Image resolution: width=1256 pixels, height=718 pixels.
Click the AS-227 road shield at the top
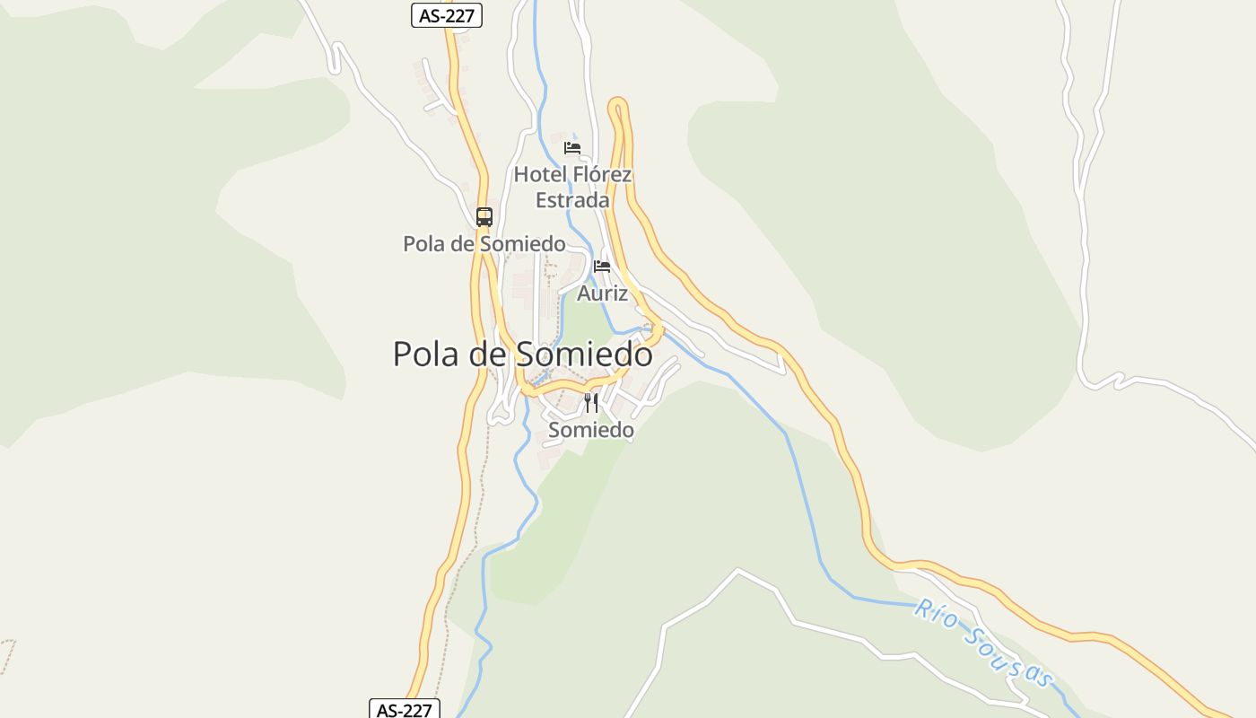[447, 15]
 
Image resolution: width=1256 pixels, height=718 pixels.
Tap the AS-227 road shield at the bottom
[405, 710]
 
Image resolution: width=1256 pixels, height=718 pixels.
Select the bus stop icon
[484, 216]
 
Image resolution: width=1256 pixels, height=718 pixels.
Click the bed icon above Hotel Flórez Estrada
[572, 148]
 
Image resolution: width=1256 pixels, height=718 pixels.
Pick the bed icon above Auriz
[602, 267]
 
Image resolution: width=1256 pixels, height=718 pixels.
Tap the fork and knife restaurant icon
[590, 403]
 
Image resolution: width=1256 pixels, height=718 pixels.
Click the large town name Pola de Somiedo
[522, 354]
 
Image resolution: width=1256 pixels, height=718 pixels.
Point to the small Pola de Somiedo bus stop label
[484, 243]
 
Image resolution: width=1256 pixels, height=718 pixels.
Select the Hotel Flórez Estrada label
[572, 188]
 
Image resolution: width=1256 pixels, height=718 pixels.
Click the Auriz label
[602, 293]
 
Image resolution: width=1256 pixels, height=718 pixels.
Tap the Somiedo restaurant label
[590, 430]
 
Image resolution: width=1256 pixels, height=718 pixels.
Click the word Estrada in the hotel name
[572, 200]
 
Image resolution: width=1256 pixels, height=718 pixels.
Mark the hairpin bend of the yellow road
[618, 105]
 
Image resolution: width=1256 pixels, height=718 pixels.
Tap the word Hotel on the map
[540, 174]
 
